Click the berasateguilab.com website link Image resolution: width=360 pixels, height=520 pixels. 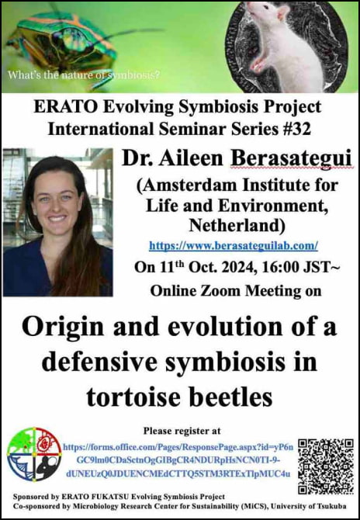(234, 246)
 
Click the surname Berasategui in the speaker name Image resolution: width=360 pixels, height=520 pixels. (291, 159)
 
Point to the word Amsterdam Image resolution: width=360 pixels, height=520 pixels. (190, 185)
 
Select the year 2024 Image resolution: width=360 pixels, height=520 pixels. (237, 267)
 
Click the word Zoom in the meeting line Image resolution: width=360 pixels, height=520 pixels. (216, 291)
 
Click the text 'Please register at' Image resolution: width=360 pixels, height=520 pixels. (182, 431)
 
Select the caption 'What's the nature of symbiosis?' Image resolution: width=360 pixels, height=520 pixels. (84, 75)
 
